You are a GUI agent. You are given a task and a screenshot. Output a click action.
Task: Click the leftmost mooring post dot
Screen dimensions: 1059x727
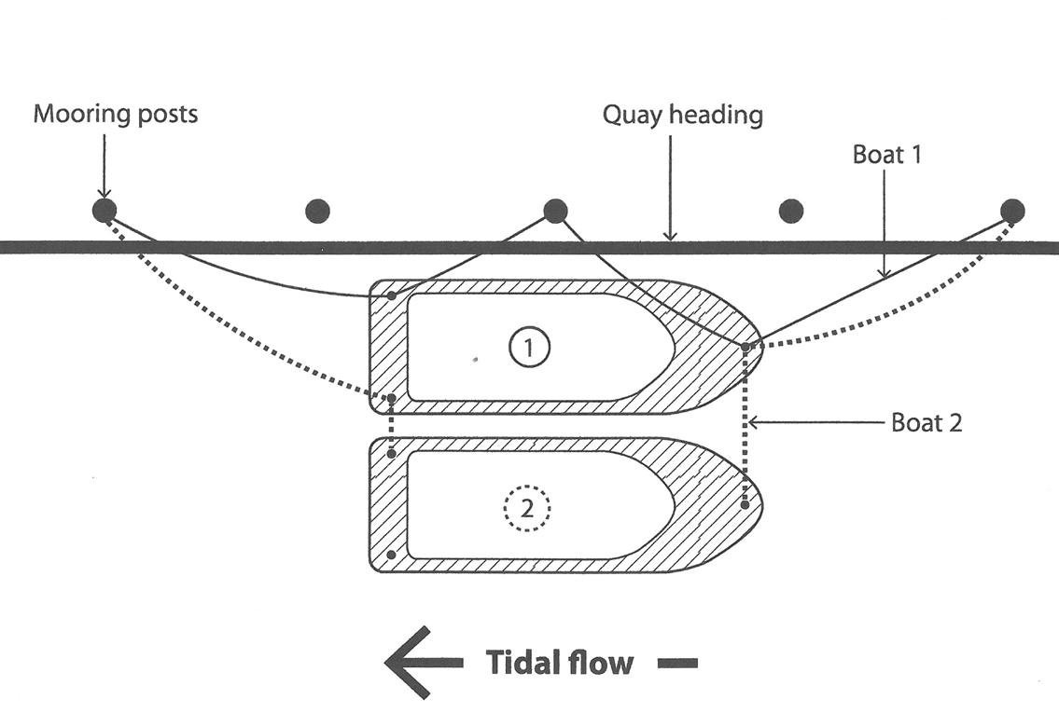pos(104,211)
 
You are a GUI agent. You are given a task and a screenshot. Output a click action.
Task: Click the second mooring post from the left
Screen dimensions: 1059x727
pos(317,211)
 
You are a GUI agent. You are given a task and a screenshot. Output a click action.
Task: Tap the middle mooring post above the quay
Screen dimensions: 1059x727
pos(554,211)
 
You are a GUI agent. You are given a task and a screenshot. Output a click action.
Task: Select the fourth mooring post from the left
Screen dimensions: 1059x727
pos(791,211)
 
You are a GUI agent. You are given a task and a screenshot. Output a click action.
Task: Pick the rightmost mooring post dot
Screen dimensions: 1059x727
pos(1011,211)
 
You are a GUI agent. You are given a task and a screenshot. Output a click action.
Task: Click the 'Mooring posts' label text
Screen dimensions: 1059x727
pos(116,114)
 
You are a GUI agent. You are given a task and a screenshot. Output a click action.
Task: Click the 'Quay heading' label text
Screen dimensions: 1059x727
pos(683,116)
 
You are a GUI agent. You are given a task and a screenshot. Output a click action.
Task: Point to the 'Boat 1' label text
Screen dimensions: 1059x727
pos(886,155)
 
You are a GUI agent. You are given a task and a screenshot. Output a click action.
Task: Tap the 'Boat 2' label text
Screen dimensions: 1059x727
pos(927,423)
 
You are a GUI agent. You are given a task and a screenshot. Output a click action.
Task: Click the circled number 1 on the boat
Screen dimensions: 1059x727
pos(529,348)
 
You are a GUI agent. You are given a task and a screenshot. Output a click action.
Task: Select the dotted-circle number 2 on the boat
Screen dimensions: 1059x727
pos(527,507)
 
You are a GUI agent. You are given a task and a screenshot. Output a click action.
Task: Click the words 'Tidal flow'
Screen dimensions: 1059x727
pos(560,663)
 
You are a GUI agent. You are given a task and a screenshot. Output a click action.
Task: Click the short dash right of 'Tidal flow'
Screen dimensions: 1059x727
pos(677,664)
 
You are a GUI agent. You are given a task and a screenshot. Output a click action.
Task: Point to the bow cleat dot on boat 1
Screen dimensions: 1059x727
pos(745,347)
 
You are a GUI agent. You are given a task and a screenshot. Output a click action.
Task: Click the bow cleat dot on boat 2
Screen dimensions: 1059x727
pos(745,504)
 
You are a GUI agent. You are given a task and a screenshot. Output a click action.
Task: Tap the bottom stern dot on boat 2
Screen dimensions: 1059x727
pos(391,555)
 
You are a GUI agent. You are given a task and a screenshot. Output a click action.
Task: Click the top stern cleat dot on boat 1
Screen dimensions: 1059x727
pos(392,295)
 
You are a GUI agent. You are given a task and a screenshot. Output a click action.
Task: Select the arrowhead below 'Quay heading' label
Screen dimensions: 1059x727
pos(669,234)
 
